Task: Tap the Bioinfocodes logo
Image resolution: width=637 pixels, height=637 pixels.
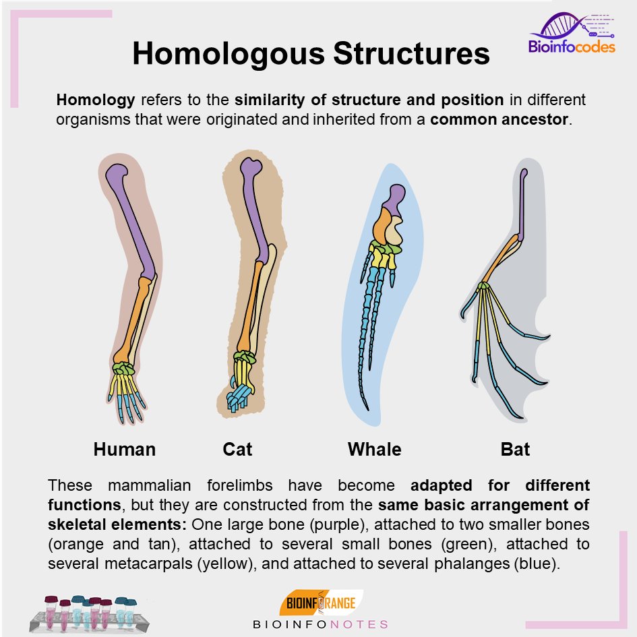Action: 572,35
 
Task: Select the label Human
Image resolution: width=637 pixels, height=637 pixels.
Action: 125,449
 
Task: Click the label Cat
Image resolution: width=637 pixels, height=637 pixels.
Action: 237,449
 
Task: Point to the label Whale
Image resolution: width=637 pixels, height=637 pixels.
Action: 374,449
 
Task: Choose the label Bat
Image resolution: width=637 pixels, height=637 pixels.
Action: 515,449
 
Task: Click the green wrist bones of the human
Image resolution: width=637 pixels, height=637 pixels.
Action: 123,369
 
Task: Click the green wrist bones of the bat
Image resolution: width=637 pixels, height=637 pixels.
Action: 483,287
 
